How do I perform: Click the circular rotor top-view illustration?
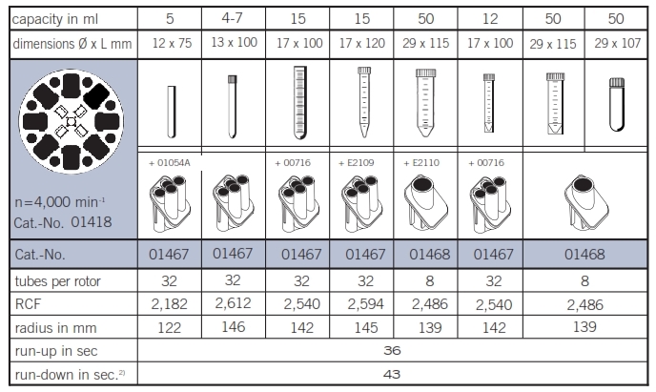pyautogui.click(x=72, y=121)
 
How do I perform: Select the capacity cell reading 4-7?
pyautogui.click(x=233, y=18)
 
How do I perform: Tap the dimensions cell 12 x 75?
pyautogui.click(x=172, y=43)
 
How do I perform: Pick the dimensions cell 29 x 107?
pyautogui.click(x=618, y=43)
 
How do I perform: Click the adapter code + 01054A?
pyautogui.click(x=170, y=163)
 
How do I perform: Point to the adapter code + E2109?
pyautogui.click(x=357, y=163)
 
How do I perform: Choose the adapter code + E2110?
pyautogui.click(x=421, y=163)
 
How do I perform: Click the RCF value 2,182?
pyautogui.click(x=169, y=304)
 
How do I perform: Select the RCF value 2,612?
pyautogui.click(x=233, y=303)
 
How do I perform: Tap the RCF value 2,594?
pyautogui.click(x=365, y=304)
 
